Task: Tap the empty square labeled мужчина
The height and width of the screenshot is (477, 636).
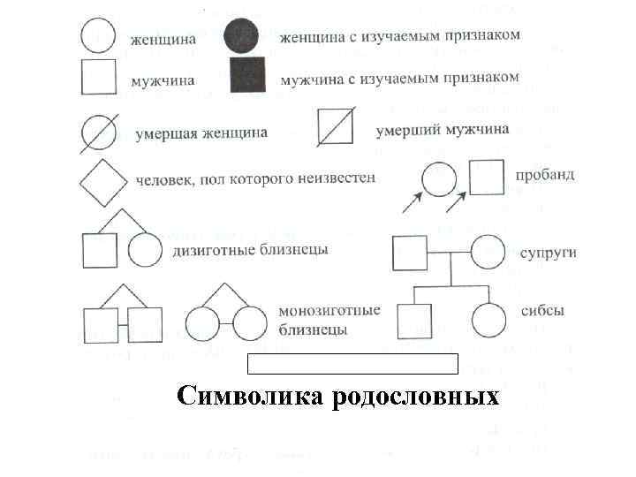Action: [x=99, y=76]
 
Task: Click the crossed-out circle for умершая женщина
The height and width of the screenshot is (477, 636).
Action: [x=98, y=132]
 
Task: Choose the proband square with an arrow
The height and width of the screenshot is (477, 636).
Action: [x=487, y=177]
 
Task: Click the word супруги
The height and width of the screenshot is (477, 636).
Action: [x=549, y=253]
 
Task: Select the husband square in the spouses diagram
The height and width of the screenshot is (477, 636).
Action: [x=409, y=254]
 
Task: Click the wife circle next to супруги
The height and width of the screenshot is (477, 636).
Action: [x=488, y=254]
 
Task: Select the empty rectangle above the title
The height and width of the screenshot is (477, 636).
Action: [x=352, y=363]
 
